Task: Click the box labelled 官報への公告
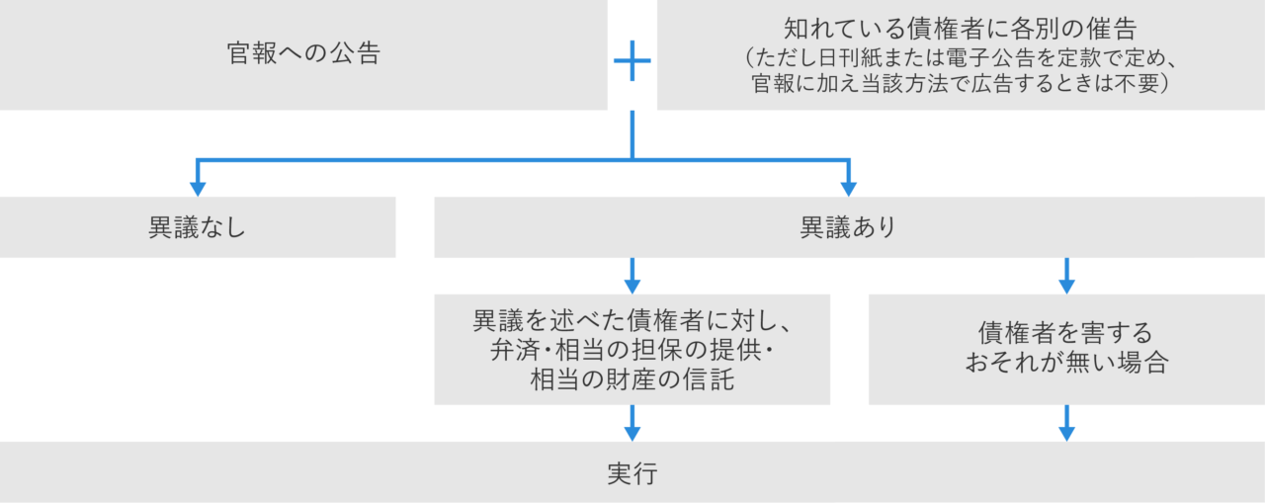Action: pos(303,54)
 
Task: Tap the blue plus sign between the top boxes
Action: pos(632,62)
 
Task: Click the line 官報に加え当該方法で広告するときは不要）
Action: pos(960,84)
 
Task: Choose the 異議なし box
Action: pos(198,227)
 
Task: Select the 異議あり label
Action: pos(848,227)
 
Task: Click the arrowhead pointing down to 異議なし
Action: pos(198,187)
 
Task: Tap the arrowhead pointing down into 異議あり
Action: pos(848,187)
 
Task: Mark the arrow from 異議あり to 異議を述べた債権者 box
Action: pos(632,275)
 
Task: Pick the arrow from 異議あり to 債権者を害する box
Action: pos(1066,275)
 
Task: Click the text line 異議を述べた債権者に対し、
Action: pos(632,321)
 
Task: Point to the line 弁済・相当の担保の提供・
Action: pos(632,350)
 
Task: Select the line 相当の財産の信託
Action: pos(632,378)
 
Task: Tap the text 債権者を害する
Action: pos(1066,334)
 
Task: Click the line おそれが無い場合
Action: pos(1066,363)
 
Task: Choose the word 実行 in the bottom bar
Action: pos(632,473)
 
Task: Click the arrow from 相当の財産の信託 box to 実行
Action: pos(632,423)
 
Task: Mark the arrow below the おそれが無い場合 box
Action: pos(1066,423)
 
